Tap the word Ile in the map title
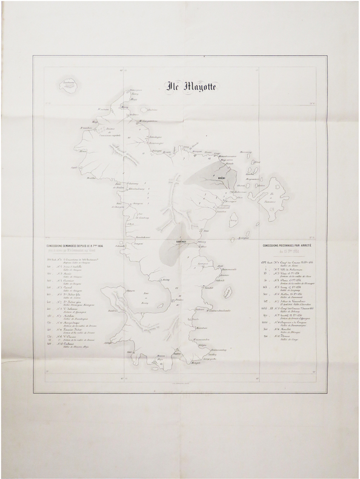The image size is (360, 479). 173,85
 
